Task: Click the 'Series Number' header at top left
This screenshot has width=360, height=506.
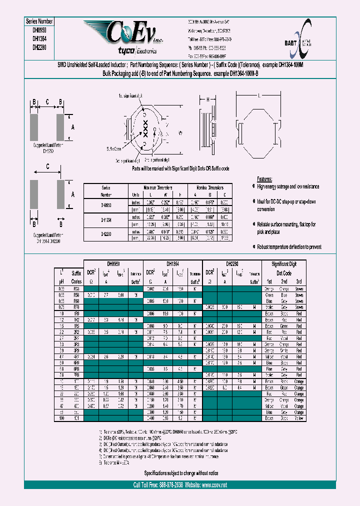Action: click(x=39, y=21)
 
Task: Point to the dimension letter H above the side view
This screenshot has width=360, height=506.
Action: click(x=208, y=100)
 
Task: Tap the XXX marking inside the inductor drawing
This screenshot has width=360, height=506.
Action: click(x=145, y=128)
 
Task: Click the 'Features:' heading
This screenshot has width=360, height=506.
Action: click(x=264, y=179)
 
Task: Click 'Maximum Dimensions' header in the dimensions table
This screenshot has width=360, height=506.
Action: click(x=157, y=186)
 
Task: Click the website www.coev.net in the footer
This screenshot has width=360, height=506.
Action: click(x=210, y=485)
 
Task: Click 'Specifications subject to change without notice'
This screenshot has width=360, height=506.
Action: click(x=179, y=472)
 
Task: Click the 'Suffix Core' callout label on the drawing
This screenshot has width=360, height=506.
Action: click(x=113, y=148)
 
